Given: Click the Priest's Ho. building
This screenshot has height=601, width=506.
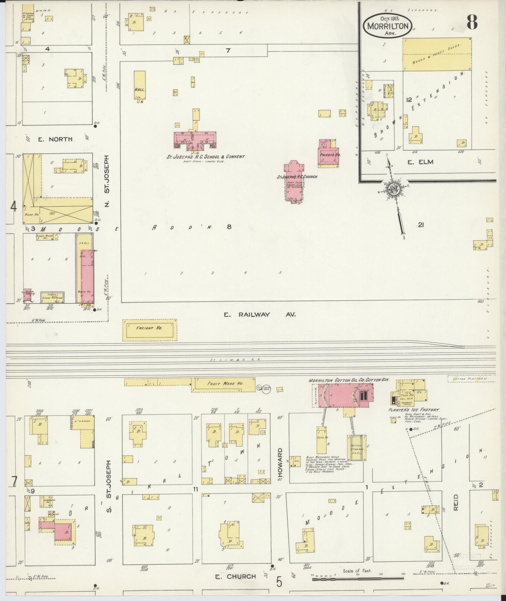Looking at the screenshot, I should pyautogui.click(x=329, y=152).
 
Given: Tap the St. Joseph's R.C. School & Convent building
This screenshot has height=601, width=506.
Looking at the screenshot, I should pyautogui.click(x=195, y=140).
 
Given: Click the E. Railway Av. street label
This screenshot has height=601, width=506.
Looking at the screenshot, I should pyautogui.click(x=260, y=314).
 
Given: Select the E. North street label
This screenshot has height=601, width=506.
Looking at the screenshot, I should pyautogui.click(x=55, y=139).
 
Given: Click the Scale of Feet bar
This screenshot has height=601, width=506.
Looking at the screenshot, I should pyautogui.click(x=358, y=578).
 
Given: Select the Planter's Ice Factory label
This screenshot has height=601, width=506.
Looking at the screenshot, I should pyautogui.click(x=413, y=410).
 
